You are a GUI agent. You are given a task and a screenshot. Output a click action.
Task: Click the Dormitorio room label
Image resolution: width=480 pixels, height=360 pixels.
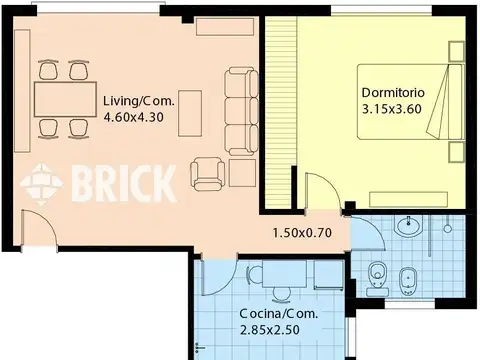click(393, 92)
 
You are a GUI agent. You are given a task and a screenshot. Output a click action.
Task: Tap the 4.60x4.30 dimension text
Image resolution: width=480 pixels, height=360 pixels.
click(134, 117)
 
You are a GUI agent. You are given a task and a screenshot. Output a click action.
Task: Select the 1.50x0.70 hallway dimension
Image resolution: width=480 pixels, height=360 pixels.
click(302, 233)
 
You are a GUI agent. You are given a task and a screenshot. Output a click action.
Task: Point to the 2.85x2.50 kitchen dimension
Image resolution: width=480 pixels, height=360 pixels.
click(270, 330)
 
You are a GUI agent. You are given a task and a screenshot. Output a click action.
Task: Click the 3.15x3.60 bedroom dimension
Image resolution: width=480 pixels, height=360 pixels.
click(392, 109)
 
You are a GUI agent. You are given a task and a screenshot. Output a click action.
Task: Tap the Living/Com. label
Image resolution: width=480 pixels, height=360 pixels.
click(139, 101)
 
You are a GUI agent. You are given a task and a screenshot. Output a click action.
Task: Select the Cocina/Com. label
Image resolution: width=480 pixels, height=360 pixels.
click(279, 313)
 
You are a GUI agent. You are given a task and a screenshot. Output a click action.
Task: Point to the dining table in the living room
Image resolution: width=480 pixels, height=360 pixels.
click(65, 99)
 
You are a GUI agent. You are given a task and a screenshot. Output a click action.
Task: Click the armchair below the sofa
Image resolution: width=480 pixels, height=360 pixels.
click(207, 174)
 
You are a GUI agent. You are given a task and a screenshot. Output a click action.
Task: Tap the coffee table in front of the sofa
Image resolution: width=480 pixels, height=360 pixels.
click(190, 113)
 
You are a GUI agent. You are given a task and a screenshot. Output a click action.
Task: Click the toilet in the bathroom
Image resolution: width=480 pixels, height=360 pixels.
click(378, 278)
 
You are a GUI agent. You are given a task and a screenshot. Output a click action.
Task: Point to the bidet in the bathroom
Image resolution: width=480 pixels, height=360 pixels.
click(408, 281)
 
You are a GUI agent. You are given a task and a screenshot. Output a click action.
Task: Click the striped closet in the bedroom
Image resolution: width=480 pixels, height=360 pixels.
click(281, 112)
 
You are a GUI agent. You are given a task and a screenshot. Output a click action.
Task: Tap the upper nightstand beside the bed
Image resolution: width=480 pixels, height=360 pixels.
click(456, 52)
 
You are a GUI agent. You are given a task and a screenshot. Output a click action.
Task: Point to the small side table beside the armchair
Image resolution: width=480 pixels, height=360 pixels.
click(242, 173)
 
